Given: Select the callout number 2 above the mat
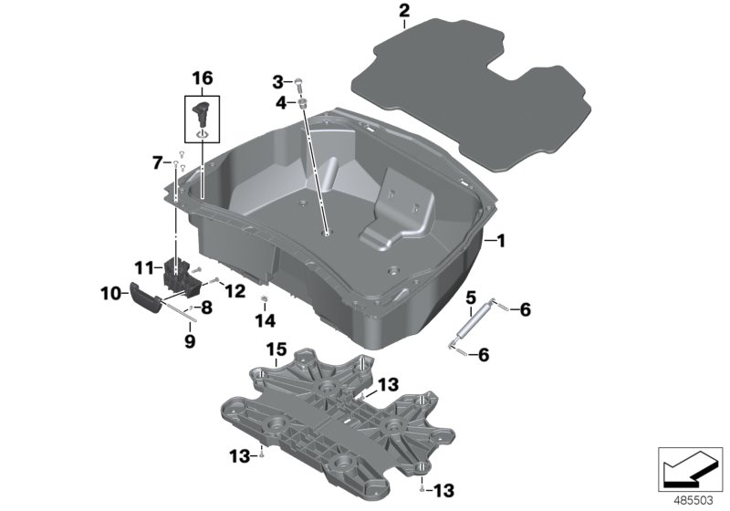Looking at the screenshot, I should coord(404,12).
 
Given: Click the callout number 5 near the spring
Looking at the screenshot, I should coord(470,297).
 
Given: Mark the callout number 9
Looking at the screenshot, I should coord(190,342).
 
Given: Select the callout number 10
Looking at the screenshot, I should coord(109,294).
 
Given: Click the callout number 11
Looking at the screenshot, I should coord(143,267).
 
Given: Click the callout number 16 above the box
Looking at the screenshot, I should coord(202,78).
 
